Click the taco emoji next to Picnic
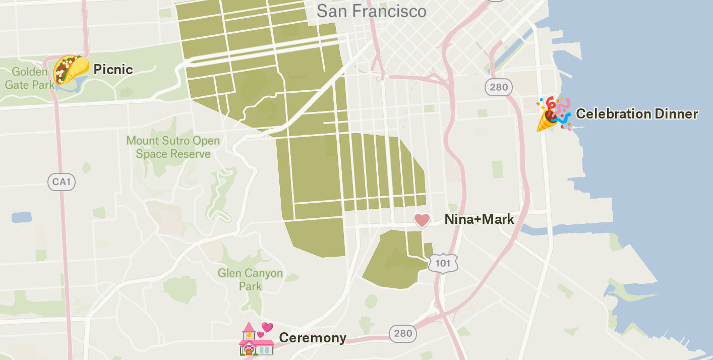click(71, 69)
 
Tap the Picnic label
click(113, 70)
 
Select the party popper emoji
click(553, 114)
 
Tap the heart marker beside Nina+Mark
click(422, 220)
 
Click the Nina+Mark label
click(479, 219)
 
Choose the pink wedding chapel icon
click(257, 339)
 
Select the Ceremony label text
click(313, 338)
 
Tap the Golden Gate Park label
click(29, 78)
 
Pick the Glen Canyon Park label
click(250, 280)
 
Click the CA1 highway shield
click(62, 182)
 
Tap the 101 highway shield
click(443, 263)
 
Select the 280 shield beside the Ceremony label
click(403, 333)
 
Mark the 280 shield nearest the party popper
click(499, 87)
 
